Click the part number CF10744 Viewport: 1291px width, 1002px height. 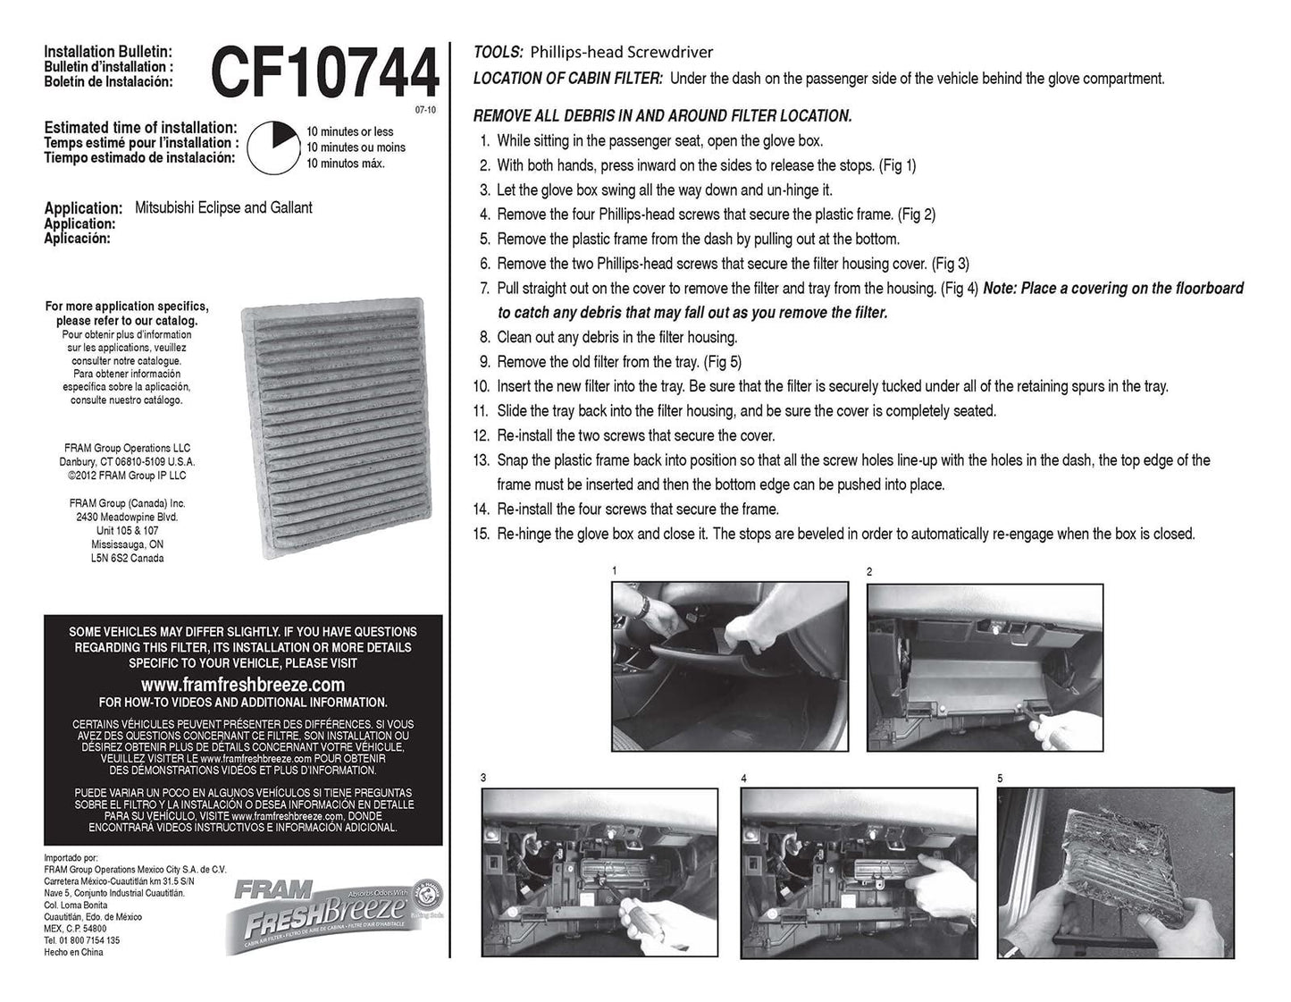coord(325,72)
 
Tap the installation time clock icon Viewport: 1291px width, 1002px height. coord(273,147)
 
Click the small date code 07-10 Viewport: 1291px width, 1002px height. coord(425,110)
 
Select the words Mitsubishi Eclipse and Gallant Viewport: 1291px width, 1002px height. coord(223,207)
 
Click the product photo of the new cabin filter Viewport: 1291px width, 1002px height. coord(337,428)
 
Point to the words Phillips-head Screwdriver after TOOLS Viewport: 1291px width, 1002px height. coord(622,53)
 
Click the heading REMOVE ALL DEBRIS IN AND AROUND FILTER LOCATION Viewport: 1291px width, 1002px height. coord(662,116)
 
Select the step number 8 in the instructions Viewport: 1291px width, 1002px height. coord(485,338)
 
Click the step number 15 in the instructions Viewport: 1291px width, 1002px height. coord(482,534)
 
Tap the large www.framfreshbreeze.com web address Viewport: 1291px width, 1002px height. coord(243,684)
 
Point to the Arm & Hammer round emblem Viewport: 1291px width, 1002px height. coord(427,894)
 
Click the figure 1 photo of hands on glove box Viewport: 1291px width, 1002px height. coord(730,666)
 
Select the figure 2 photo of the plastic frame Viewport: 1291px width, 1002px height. coord(985,668)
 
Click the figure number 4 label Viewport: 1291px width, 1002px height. coord(744,778)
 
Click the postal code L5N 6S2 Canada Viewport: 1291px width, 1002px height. coord(127,558)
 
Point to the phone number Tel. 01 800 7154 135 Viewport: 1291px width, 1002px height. coord(82,940)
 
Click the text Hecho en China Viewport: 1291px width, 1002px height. coord(73,952)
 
